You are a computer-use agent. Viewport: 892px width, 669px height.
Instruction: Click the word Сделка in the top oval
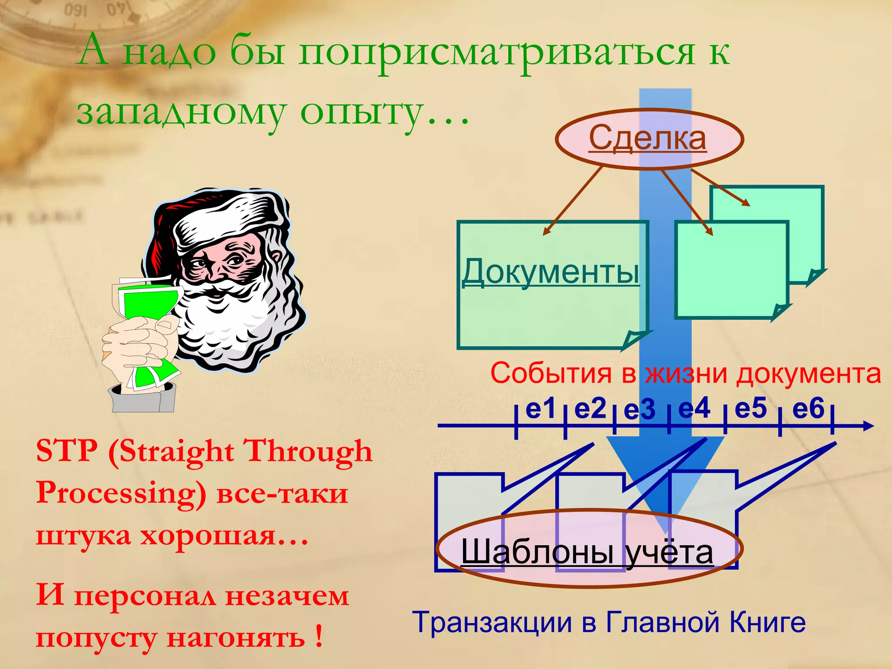coord(647,139)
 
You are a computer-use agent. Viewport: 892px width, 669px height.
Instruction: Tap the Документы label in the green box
coord(551,272)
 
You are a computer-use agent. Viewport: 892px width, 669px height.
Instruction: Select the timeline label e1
coord(541,409)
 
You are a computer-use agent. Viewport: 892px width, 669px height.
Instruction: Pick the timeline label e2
coord(590,409)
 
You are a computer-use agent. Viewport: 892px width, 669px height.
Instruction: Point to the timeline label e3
coord(639,410)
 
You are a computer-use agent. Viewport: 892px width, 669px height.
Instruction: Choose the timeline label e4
coord(694,409)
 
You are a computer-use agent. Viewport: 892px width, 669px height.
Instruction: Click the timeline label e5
coord(750,409)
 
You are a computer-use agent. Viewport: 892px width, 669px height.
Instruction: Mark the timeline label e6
coord(808,409)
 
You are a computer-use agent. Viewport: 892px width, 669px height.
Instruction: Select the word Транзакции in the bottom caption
coord(492,622)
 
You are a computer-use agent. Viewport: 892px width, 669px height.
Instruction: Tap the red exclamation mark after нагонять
coord(319,636)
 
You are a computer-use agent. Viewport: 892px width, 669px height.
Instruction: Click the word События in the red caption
coord(551,374)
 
